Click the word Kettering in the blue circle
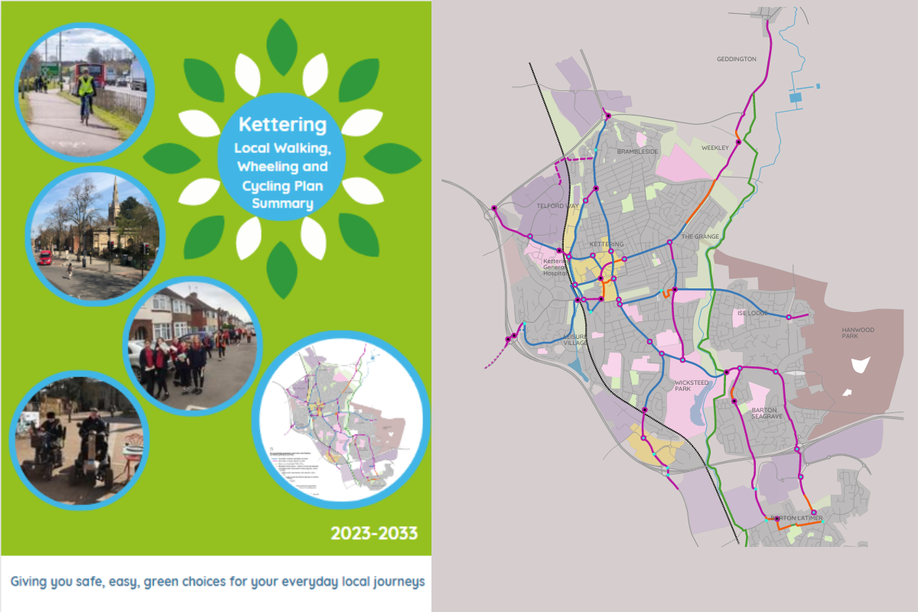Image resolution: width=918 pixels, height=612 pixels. (282, 125)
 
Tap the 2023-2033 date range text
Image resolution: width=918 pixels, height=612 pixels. (374, 532)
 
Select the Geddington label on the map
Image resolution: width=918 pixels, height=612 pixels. (736, 59)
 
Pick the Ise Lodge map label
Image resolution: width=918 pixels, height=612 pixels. (751, 313)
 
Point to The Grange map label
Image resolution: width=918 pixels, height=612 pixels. (700, 236)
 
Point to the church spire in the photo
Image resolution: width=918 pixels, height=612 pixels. (113, 200)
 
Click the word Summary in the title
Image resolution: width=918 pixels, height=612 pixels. (282, 203)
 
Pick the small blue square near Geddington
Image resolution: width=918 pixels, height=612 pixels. (795, 98)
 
